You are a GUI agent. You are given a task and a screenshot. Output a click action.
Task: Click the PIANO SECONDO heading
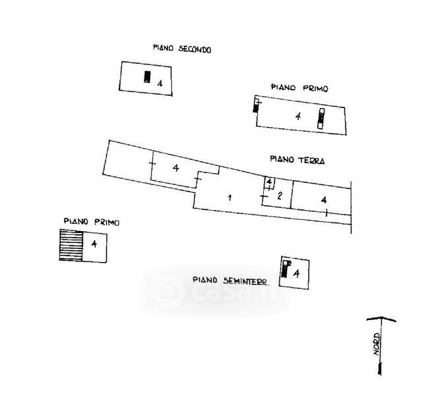point(181,48)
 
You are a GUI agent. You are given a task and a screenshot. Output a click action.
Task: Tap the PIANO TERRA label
point(297,159)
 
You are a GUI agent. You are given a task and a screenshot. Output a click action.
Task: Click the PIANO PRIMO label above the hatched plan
point(91,223)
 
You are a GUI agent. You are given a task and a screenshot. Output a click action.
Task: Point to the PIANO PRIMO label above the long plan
point(300,88)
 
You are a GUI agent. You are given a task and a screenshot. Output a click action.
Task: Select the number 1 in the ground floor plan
point(230,197)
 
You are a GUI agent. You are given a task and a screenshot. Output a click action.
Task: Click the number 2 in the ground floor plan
point(280,196)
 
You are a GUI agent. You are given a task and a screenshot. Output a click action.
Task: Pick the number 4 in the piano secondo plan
point(160,82)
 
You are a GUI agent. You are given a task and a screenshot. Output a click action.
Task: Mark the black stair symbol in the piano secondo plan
point(148,77)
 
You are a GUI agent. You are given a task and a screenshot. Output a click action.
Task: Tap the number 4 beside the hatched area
point(94,244)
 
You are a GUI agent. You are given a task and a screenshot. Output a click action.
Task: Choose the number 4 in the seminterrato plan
point(296,272)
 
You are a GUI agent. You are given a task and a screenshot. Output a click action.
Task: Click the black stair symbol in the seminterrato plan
point(286,269)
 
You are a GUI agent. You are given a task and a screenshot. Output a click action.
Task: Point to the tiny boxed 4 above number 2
point(269,182)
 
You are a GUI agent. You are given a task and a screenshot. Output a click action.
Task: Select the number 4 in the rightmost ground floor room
point(323,199)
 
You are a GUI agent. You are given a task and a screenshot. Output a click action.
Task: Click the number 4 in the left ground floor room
point(175,169)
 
